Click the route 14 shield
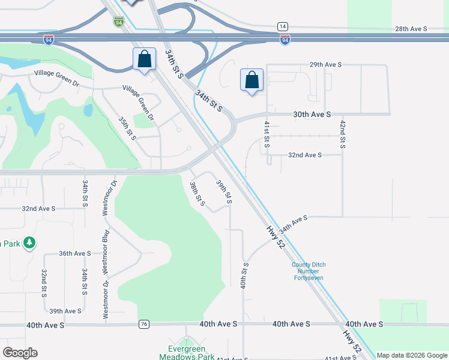[282, 26]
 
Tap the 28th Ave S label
[411, 29]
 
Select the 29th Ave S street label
[325, 64]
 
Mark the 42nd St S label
[343, 134]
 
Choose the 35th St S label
[127, 128]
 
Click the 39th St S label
[224, 192]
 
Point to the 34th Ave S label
[293, 224]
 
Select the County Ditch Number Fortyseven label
[308, 271]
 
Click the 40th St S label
[245, 275]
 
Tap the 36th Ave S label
[74, 253]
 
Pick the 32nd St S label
[44, 282]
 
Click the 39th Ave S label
[65, 311]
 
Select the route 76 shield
[143, 324]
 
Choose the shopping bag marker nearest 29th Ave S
[252, 80]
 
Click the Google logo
[20, 353]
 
